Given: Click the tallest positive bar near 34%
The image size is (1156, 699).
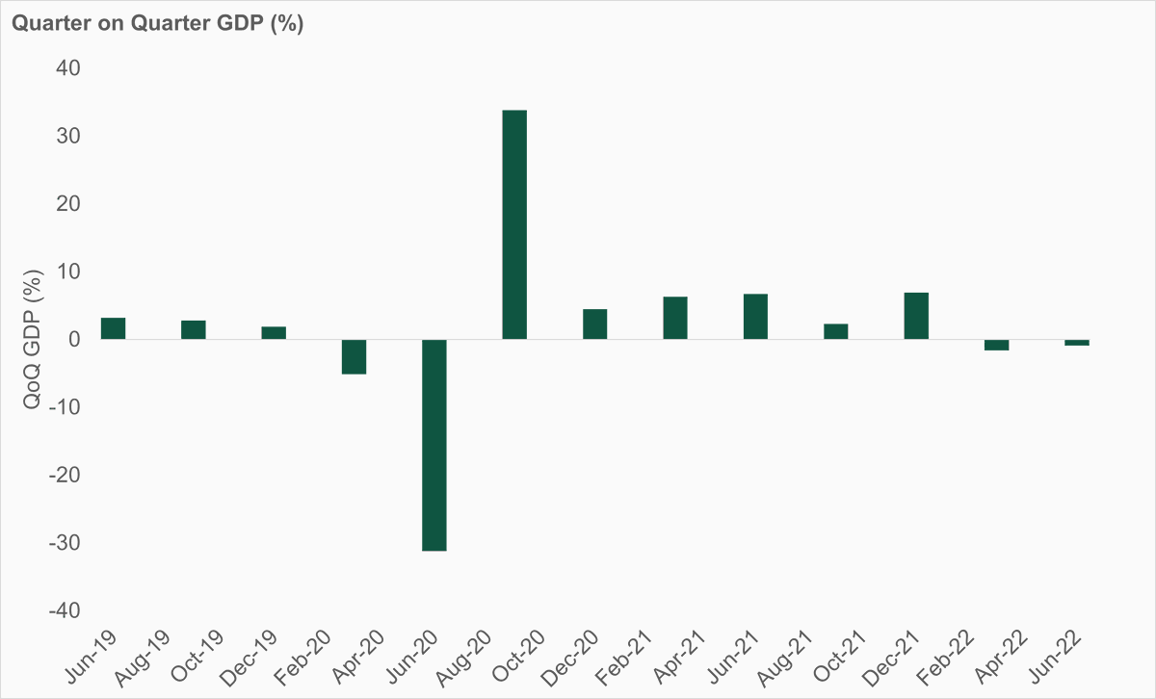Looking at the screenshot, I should [x=514, y=224].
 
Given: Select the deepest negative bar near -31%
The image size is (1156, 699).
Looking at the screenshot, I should [x=434, y=445].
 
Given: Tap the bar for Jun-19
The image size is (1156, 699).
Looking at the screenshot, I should [x=113, y=328].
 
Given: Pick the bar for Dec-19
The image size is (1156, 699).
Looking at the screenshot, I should [x=274, y=333].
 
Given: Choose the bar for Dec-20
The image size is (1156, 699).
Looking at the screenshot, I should [x=594, y=324].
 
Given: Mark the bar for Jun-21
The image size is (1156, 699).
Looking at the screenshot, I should [x=755, y=317].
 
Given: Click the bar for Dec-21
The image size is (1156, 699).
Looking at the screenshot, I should [x=916, y=316].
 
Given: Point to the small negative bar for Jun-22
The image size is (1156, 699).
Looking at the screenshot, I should [x=1077, y=343].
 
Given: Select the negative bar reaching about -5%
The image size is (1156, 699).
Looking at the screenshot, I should [x=354, y=356].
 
